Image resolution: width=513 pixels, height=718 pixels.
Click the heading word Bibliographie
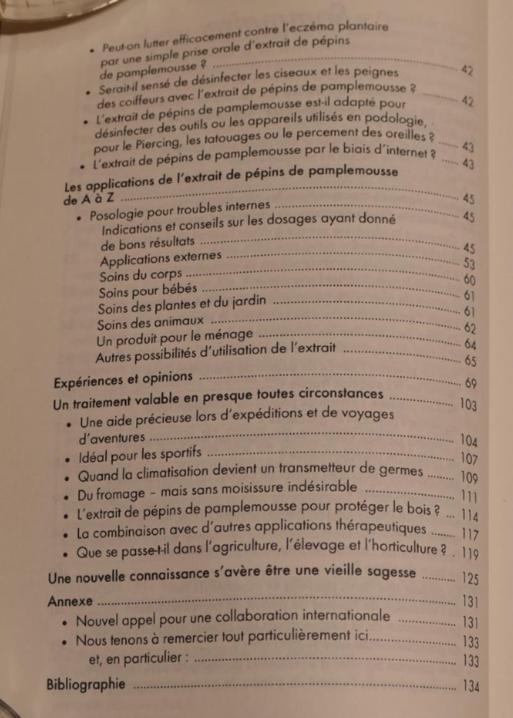click(x=86, y=684)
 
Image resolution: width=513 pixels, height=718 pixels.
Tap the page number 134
click(x=471, y=686)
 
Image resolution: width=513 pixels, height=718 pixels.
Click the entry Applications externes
click(x=161, y=256)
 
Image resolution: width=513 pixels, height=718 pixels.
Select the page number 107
click(x=470, y=460)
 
